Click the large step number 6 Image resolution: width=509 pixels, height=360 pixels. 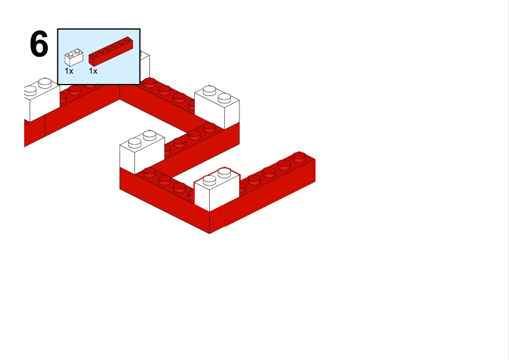(x=39, y=44)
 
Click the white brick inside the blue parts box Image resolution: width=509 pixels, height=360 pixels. (x=74, y=57)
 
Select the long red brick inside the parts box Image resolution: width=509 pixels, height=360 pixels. (x=111, y=51)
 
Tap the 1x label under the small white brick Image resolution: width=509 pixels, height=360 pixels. (x=69, y=71)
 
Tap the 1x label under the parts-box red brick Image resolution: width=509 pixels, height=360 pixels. (x=93, y=71)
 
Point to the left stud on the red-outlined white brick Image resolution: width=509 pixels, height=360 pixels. (x=209, y=180)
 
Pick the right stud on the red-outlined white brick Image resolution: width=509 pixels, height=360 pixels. (x=224, y=173)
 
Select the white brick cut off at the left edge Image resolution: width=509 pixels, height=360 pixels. (x=42, y=99)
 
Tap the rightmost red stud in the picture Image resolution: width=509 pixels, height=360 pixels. (x=299, y=156)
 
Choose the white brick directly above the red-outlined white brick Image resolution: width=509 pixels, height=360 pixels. (x=217, y=107)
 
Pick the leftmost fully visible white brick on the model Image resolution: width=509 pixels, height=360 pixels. (x=142, y=152)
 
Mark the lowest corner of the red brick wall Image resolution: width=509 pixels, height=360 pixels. (x=209, y=233)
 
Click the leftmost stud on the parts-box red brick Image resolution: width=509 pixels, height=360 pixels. (x=94, y=54)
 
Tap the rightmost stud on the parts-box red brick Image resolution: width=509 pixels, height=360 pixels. (x=127, y=39)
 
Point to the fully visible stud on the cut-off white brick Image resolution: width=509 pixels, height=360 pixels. (x=45, y=83)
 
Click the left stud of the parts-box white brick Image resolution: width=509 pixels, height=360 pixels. (x=71, y=54)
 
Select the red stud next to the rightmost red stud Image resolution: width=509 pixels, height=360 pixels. (x=284, y=164)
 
